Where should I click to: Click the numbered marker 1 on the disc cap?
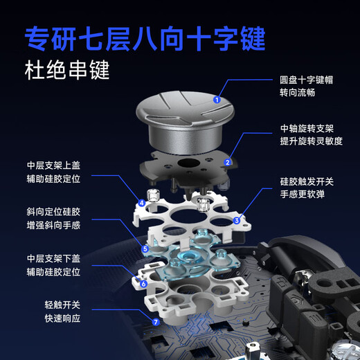(x=217, y=100)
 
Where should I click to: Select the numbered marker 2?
(x=227, y=163)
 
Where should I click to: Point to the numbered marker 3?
(x=237, y=221)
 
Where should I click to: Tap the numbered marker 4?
(x=141, y=203)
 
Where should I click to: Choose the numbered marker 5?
(x=145, y=247)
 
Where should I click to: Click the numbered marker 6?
(x=143, y=283)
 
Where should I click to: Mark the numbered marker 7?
(x=156, y=322)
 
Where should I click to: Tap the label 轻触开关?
(x=63, y=304)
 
